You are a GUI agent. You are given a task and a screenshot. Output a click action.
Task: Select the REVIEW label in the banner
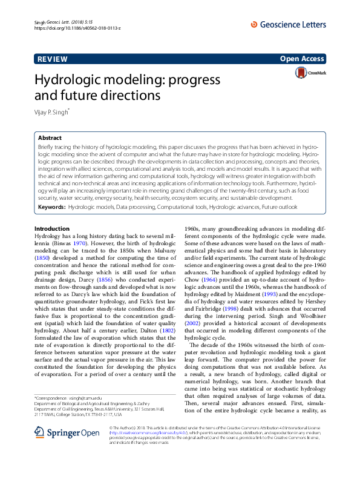pos(52,59)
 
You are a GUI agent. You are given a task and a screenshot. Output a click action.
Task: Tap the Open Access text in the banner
pos(302,59)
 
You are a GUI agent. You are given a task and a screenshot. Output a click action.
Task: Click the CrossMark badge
pos(310,73)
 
